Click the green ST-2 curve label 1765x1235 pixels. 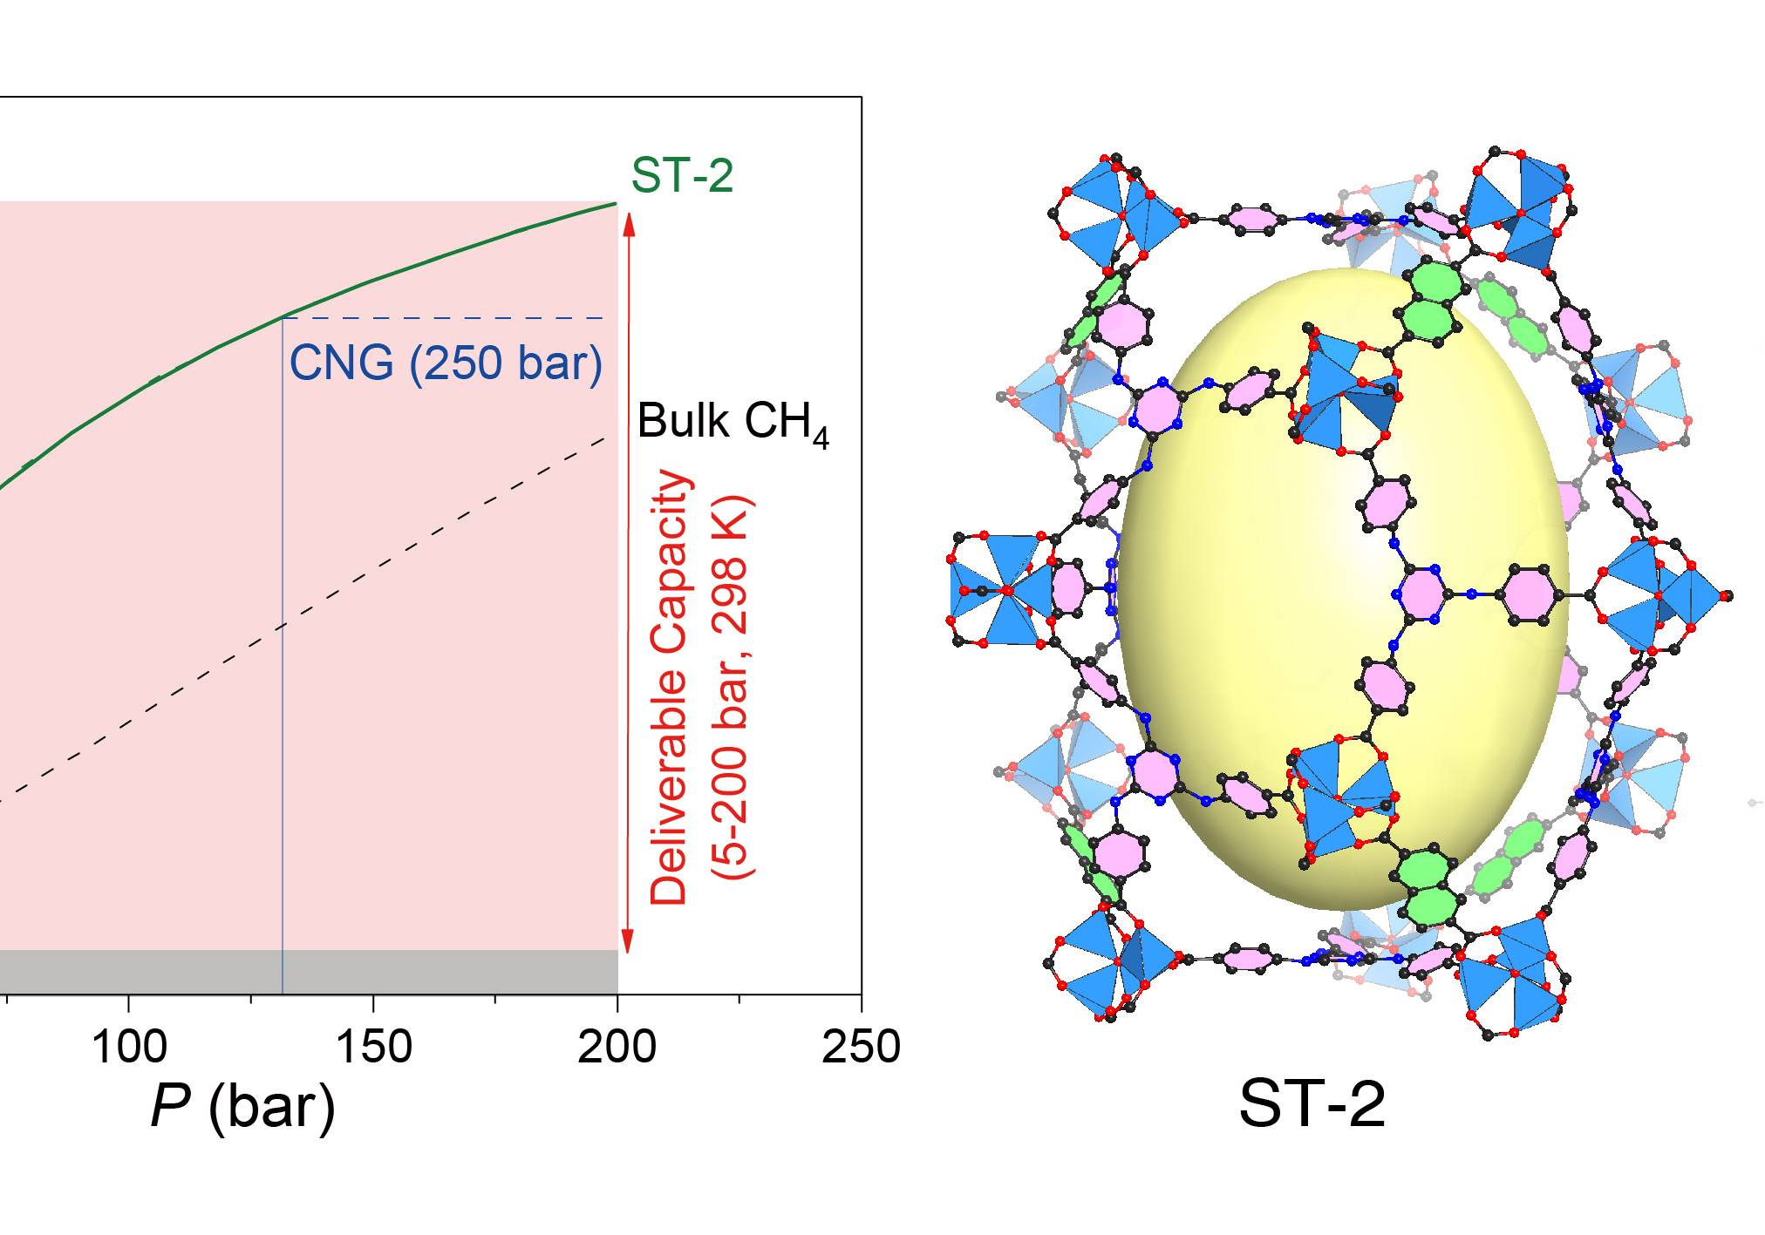click(x=682, y=175)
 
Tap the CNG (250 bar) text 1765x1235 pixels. click(x=446, y=363)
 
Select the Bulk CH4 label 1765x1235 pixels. click(x=733, y=423)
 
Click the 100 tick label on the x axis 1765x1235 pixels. click(x=129, y=1046)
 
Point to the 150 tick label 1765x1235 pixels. click(x=373, y=1046)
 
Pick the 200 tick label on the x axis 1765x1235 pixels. click(x=617, y=1046)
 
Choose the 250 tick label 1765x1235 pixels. click(x=861, y=1046)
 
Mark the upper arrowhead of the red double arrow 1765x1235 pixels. click(x=629, y=222)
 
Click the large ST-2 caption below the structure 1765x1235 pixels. click(x=1312, y=1103)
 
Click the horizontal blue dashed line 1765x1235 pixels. click(x=453, y=318)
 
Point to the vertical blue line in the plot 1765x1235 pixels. click(x=283, y=697)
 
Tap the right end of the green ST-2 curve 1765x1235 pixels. click(x=614, y=204)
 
